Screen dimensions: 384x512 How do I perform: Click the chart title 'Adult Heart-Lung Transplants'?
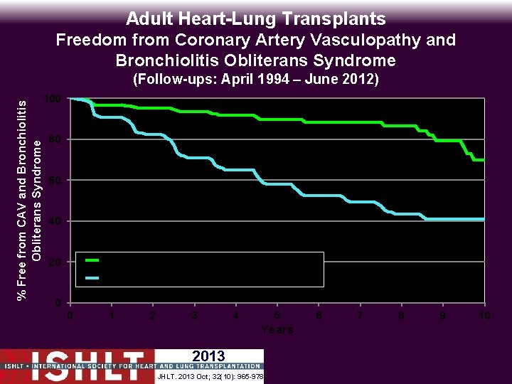(256, 18)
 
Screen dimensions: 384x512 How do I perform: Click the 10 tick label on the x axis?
(484, 316)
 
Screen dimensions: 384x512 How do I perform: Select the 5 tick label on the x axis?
(277, 316)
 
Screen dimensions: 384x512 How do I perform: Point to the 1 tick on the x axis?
(111, 316)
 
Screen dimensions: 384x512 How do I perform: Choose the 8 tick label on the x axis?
(402, 316)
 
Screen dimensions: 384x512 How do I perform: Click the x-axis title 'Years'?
(277, 329)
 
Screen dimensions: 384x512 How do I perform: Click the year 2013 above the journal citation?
(208, 356)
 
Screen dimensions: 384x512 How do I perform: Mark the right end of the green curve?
(484, 160)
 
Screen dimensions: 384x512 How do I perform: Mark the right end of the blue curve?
(484, 219)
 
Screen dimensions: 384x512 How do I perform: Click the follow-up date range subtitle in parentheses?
(256, 80)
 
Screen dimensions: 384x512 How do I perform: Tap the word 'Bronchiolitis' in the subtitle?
(171, 60)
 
